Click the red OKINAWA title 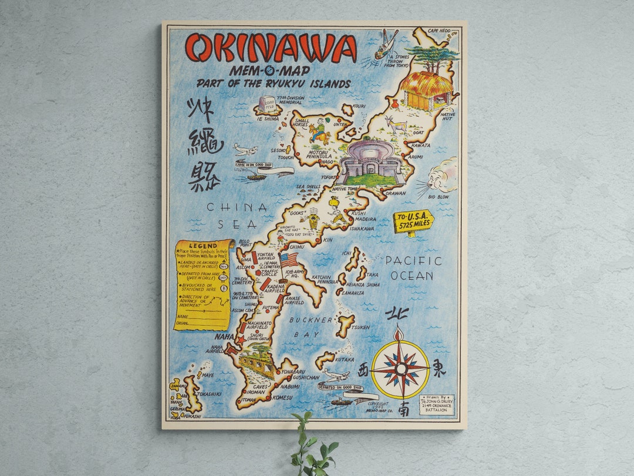271,48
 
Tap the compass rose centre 401,368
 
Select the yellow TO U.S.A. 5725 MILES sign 413,222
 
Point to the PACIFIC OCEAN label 413,268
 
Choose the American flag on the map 288,259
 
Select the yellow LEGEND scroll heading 203,245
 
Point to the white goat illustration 397,124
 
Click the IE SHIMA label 268,118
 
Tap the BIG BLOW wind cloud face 441,176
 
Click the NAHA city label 224,337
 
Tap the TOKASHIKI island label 208,394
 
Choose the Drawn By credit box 436,404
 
